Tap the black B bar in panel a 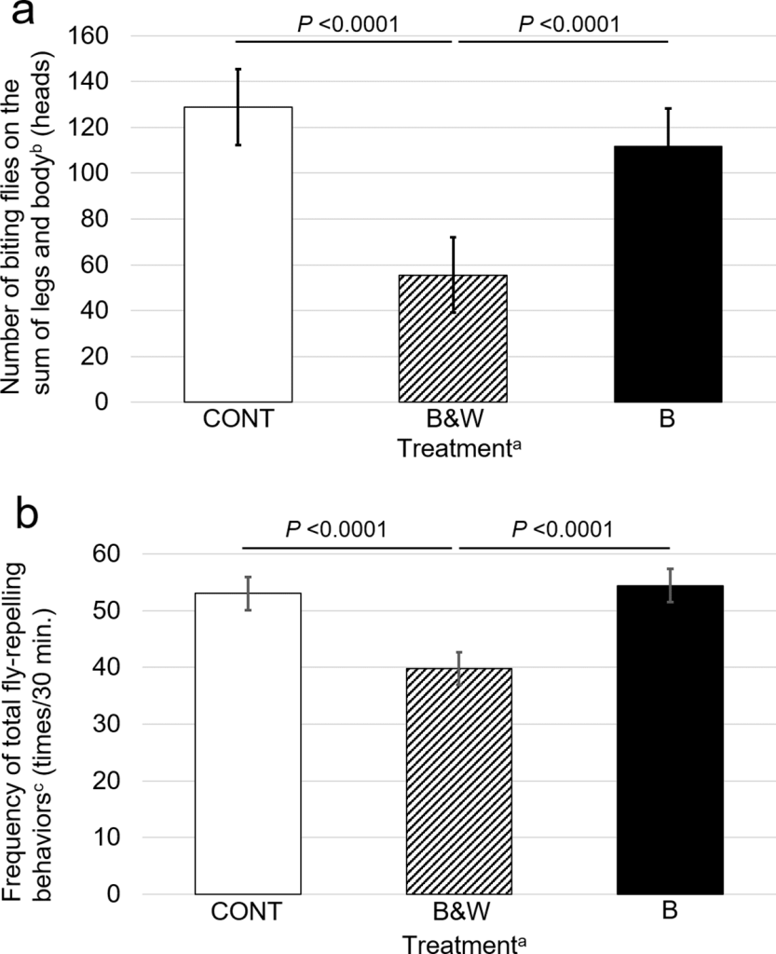[x=668, y=274]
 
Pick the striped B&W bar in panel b [x=454, y=781]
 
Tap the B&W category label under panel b [x=453, y=911]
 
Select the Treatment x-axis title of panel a [x=454, y=447]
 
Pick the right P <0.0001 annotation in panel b [x=563, y=529]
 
